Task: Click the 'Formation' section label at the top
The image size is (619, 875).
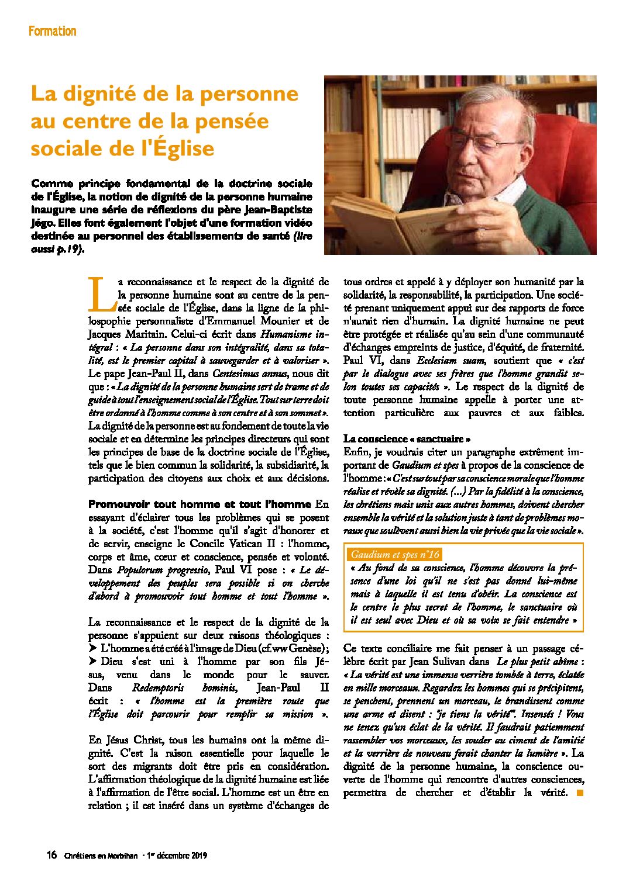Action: coord(52,32)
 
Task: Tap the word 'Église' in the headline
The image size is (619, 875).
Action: coord(182,148)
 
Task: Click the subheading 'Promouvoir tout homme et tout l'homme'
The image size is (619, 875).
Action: coord(200,504)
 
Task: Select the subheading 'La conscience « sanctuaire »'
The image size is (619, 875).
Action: coord(407,439)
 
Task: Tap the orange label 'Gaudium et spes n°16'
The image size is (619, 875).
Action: coord(395,555)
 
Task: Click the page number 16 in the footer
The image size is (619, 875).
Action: coord(52,855)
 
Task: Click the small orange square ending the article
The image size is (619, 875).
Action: coord(580,793)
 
